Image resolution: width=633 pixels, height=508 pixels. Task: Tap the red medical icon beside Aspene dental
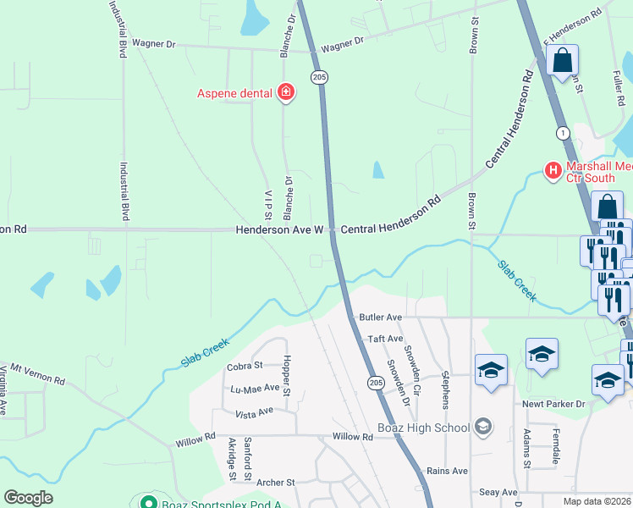point(286,92)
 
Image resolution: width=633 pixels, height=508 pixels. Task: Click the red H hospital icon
point(553,171)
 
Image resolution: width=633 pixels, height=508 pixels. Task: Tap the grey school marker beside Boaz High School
point(483,425)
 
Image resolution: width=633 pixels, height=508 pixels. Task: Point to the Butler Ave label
point(380,317)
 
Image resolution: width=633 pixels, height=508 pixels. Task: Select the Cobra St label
point(245,367)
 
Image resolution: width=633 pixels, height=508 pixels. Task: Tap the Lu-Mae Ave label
point(255,388)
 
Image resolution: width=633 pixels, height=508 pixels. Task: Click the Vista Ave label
point(254,411)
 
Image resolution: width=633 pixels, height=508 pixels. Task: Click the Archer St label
point(277,482)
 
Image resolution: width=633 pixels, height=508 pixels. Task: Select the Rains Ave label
point(448,471)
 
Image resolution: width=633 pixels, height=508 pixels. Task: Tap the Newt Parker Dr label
point(553,405)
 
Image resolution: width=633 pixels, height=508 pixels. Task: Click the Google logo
point(28,498)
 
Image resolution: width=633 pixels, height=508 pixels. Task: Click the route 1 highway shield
point(562,133)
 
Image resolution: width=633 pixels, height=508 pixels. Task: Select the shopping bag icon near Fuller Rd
point(563,61)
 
